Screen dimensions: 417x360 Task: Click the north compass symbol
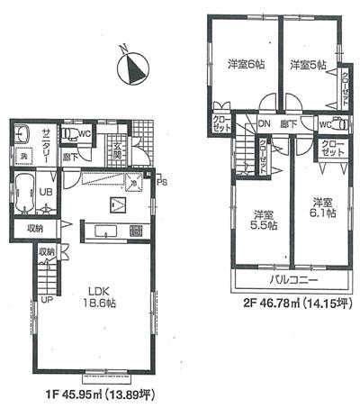(132, 68)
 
